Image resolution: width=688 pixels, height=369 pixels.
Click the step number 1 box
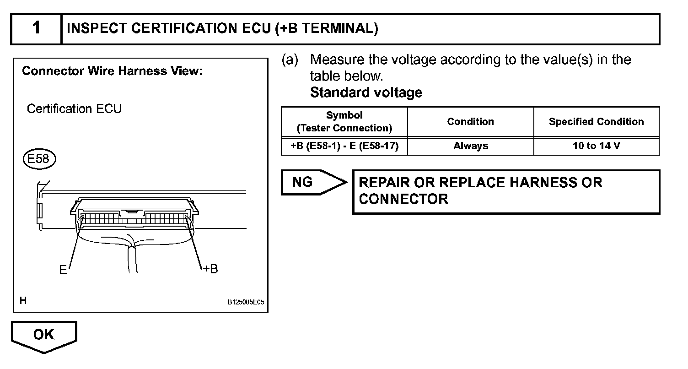pos(36,29)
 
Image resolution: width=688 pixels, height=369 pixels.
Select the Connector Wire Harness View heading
pos(112,71)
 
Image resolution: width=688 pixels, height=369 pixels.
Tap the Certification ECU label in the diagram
pos(74,109)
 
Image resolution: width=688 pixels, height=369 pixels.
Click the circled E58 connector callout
pos(39,158)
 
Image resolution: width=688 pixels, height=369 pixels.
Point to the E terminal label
pos(63,270)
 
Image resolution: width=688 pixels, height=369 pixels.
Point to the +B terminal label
pos(210,269)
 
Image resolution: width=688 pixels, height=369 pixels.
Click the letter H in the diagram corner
pos(23,301)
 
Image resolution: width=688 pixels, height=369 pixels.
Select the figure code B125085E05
pos(246,303)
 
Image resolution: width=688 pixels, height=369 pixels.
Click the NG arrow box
pos(311,182)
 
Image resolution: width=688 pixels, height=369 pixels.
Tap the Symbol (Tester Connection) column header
pos(344,122)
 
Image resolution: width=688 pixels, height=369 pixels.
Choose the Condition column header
pos(470,122)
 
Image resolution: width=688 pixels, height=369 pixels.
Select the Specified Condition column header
pos(596,122)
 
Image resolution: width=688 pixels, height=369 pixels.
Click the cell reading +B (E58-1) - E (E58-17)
pos(344,146)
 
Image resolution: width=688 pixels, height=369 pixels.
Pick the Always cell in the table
pos(470,146)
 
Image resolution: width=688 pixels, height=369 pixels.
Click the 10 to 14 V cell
pos(596,146)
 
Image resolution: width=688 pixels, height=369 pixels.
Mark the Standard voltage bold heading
pos(366,92)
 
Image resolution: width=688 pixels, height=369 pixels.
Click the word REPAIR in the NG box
pos(384,183)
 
